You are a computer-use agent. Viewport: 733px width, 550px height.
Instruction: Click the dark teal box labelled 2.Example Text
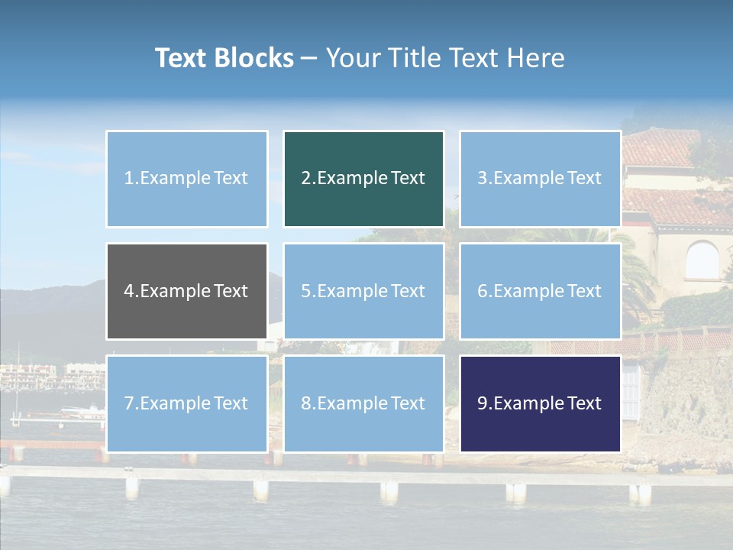363,179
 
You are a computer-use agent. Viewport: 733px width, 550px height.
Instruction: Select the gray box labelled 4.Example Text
186,291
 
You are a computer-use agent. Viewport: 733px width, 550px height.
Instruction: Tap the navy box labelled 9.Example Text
540,403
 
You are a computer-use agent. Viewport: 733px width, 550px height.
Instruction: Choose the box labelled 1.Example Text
186,179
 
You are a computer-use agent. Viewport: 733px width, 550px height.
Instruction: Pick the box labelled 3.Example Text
540,179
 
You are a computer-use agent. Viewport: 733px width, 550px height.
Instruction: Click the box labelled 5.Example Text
363,291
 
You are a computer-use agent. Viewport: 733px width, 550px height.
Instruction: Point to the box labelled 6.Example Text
540,291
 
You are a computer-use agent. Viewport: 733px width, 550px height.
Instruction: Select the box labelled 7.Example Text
186,403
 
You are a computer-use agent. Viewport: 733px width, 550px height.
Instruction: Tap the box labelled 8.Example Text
363,403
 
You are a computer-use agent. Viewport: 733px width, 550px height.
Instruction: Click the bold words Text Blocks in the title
224,58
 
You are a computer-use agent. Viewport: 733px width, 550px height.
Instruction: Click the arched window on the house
702,260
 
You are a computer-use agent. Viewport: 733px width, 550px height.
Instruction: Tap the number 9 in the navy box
482,403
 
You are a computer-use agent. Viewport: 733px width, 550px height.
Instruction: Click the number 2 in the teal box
305,179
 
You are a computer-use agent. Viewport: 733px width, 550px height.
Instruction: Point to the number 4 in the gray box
129,291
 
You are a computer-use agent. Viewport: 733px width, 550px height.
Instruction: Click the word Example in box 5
347,291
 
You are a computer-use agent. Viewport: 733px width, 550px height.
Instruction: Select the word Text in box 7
231,403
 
